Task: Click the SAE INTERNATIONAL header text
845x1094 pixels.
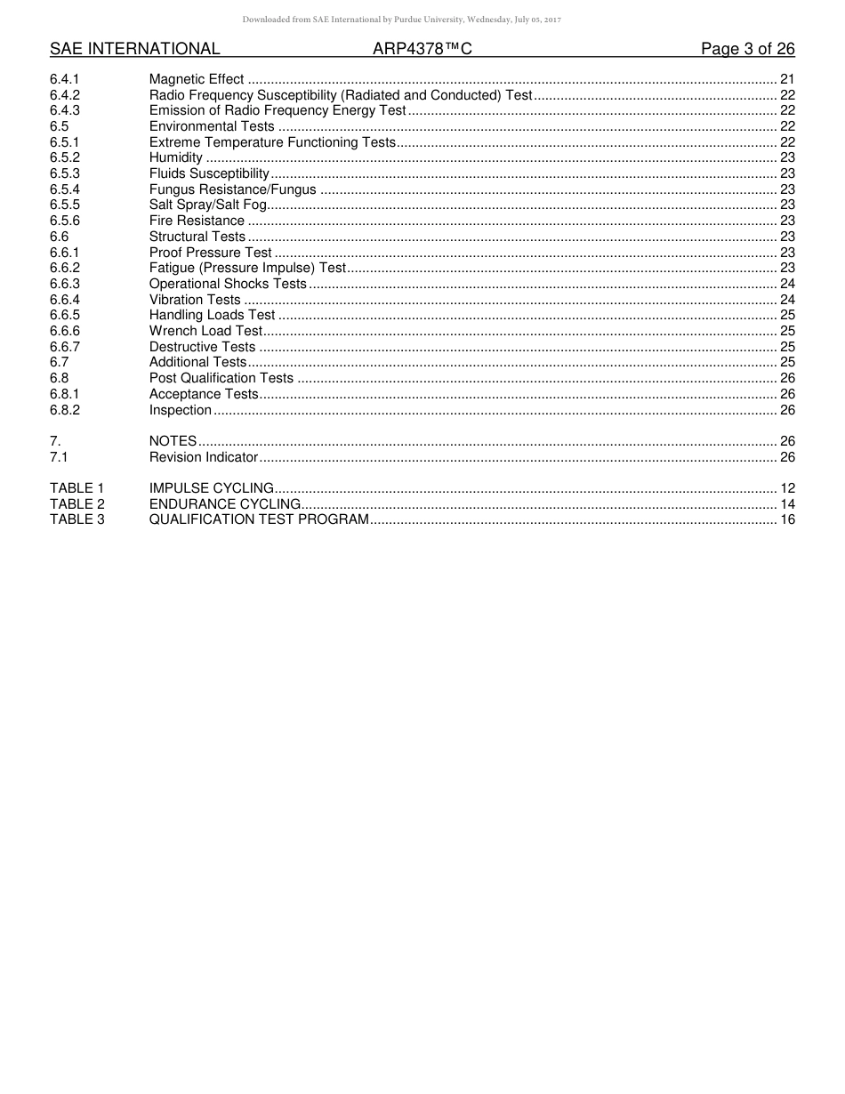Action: (134, 49)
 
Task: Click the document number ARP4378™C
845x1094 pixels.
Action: (422, 49)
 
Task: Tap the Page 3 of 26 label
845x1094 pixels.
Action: (747, 49)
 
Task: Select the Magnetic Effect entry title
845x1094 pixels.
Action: (196, 80)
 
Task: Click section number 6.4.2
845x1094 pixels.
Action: (65, 95)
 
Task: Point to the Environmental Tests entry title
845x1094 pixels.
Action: (212, 126)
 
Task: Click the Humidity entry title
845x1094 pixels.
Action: (176, 157)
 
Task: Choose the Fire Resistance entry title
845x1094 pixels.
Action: (197, 221)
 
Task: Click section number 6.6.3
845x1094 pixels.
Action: (65, 284)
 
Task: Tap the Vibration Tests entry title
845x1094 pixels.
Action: (195, 300)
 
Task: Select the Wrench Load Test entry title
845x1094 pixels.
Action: (205, 331)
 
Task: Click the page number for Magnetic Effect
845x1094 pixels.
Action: (786, 80)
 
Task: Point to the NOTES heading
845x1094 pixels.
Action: (173, 441)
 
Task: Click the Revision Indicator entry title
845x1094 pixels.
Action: (204, 457)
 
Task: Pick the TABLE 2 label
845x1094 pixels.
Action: (76, 504)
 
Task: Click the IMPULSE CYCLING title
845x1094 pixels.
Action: (212, 488)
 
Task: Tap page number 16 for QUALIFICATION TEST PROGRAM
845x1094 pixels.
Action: (786, 519)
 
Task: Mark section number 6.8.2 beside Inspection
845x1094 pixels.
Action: (65, 410)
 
